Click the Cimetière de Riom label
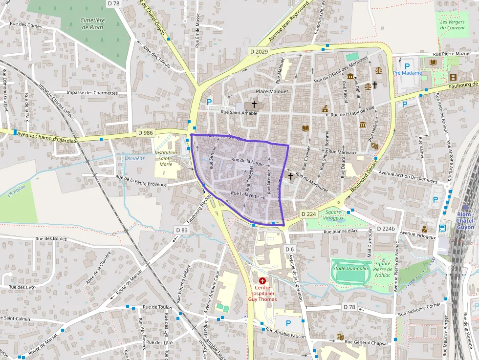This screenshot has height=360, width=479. coord(93,23)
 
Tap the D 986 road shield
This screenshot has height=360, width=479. coord(145,132)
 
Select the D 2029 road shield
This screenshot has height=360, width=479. coord(259,51)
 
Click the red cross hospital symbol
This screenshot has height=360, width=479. coord(262,281)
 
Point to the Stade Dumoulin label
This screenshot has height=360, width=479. coord(350,268)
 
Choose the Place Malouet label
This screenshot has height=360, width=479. coord(272,91)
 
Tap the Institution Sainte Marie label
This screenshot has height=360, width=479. coord(166,158)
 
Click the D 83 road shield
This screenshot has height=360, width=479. coord(181,230)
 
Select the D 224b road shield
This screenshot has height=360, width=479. coord(386,229)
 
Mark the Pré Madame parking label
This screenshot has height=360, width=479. coord(407,73)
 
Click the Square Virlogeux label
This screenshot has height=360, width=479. coord(333,215)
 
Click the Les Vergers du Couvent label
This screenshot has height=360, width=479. coord(451,24)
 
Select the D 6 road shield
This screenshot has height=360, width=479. coord(289,250)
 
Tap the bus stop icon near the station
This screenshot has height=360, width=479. coord(442,228)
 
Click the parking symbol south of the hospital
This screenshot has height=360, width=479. coord(288,323)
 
